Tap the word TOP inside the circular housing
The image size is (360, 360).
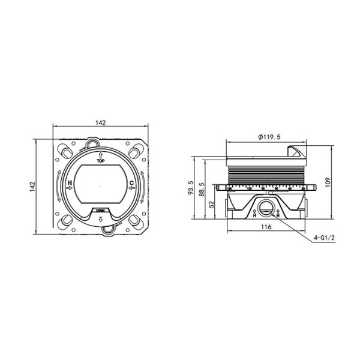[x=100, y=161]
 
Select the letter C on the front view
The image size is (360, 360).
[x=131, y=183]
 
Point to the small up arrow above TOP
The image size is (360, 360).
[x=100, y=154]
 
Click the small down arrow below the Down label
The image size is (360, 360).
[x=100, y=219]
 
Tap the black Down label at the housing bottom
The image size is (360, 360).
[x=100, y=211]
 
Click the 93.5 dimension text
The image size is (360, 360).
[x=190, y=189]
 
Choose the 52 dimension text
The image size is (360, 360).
[x=212, y=205]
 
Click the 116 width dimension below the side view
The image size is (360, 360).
[x=266, y=227]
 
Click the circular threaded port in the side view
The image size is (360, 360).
[x=265, y=210]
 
